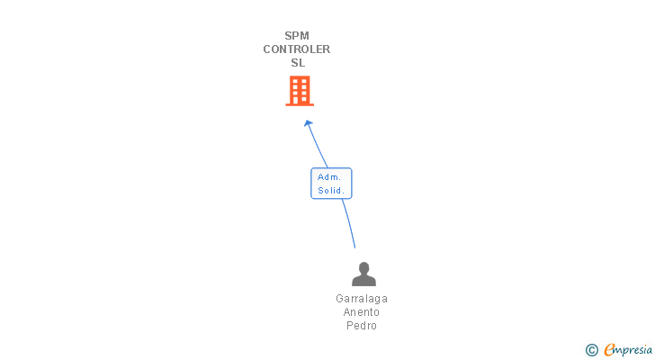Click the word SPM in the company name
(x=297, y=36)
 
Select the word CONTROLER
(x=297, y=49)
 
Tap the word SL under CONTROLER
(x=298, y=63)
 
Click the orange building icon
(x=300, y=90)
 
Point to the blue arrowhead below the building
(x=309, y=124)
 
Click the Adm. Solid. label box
(x=331, y=184)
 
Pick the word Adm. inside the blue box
(x=329, y=177)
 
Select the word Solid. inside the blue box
(x=331, y=191)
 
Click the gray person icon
(x=363, y=274)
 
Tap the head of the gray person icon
(x=363, y=267)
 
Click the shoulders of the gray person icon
(x=363, y=281)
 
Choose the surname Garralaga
(x=362, y=299)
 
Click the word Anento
(x=362, y=312)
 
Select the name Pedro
(x=362, y=326)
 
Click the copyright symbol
(x=591, y=350)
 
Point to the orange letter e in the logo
(x=609, y=350)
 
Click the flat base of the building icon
(x=300, y=104)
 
